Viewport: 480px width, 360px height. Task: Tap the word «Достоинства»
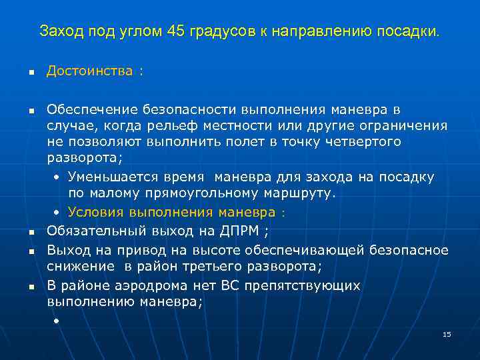[x=90, y=71]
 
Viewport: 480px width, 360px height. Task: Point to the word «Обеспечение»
[x=90, y=109]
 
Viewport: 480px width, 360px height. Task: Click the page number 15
[x=447, y=334]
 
